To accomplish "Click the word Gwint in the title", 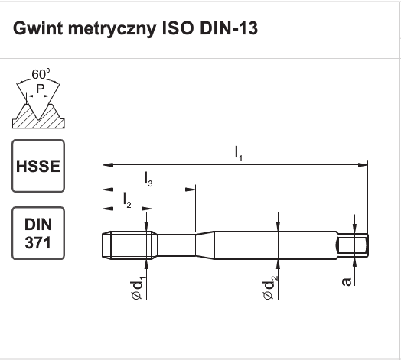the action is pos(37,28).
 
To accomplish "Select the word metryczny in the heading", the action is pos(112,29).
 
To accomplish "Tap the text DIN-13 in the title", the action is pos(229,28).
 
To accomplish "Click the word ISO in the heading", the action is pos(178,28).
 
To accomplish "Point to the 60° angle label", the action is pos(41,74).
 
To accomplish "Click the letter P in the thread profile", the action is pos(40,89).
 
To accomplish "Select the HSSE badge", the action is pos(38,166).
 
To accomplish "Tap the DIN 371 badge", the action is pos(38,233).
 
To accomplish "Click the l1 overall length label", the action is pos(238,154).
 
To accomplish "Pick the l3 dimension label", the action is pos(148,179).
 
